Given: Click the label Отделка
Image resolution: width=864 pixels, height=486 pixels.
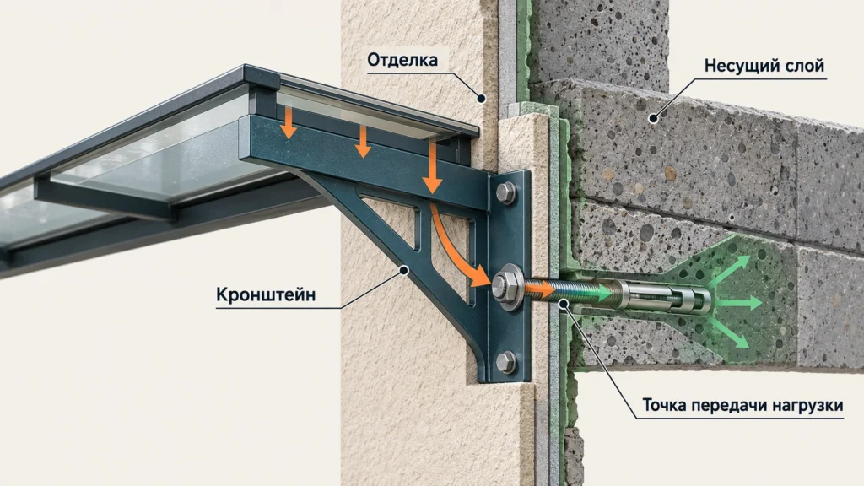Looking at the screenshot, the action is coord(402,60).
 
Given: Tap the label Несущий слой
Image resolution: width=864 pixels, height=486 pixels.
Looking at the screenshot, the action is coord(764,66).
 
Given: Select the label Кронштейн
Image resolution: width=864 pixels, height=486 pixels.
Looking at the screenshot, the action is coord(266,294).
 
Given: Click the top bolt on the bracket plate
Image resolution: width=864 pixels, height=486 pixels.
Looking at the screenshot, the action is coord(506,193).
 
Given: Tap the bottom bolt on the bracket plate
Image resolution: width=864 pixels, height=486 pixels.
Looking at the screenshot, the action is coord(506,362).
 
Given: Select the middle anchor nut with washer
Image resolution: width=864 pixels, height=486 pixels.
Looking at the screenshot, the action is coord(507,286).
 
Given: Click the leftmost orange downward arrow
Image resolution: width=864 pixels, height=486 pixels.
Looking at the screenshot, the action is coord(289,123).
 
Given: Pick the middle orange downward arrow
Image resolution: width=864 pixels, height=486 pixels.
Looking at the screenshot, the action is coord(362,142).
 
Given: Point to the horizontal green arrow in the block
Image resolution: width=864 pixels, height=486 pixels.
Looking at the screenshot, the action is coord(737,302).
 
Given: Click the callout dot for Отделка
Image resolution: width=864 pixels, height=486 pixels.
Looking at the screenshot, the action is coord(481,99).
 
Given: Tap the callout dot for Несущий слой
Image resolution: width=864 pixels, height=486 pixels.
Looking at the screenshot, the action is coord(654,118).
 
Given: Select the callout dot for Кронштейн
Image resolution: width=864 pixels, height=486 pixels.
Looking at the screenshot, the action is coord(404,271).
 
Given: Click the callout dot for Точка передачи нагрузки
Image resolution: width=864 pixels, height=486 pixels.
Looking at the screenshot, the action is coord(563,303).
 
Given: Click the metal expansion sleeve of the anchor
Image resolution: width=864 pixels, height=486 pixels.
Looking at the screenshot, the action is coord(664,297).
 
